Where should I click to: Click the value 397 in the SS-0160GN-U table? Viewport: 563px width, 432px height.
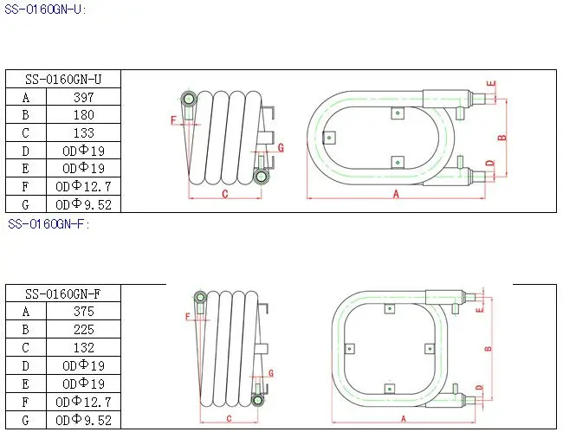pos(84,97)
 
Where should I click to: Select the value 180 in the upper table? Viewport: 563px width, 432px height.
pos(84,115)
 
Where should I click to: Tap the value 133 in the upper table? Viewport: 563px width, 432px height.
pos(84,132)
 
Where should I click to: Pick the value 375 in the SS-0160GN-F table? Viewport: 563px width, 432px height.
pos(84,311)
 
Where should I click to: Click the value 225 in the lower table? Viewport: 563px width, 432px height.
pos(84,329)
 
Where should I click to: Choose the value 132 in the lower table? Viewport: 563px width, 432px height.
pos(84,347)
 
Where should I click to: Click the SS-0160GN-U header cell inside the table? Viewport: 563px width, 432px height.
pos(63,80)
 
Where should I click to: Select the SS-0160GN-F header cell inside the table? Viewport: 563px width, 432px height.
pos(63,293)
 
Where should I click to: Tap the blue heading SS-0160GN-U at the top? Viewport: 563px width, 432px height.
pos(43,10)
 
